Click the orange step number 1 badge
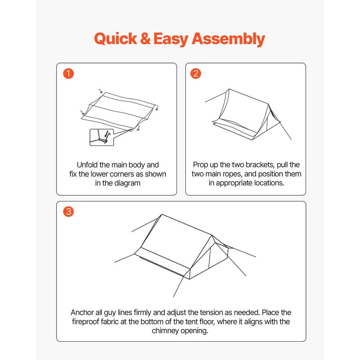[x=68, y=73]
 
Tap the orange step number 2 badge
[x=195, y=73]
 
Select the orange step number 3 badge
[x=68, y=211]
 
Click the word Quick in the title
[x=116, y=39]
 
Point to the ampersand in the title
[x=145, y=39]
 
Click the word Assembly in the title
[x=228, y=39]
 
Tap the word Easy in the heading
[x=171, y=39]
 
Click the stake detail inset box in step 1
[x=102, y=137]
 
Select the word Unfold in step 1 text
[x=87, y=165]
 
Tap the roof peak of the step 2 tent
[x=229, y=89]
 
